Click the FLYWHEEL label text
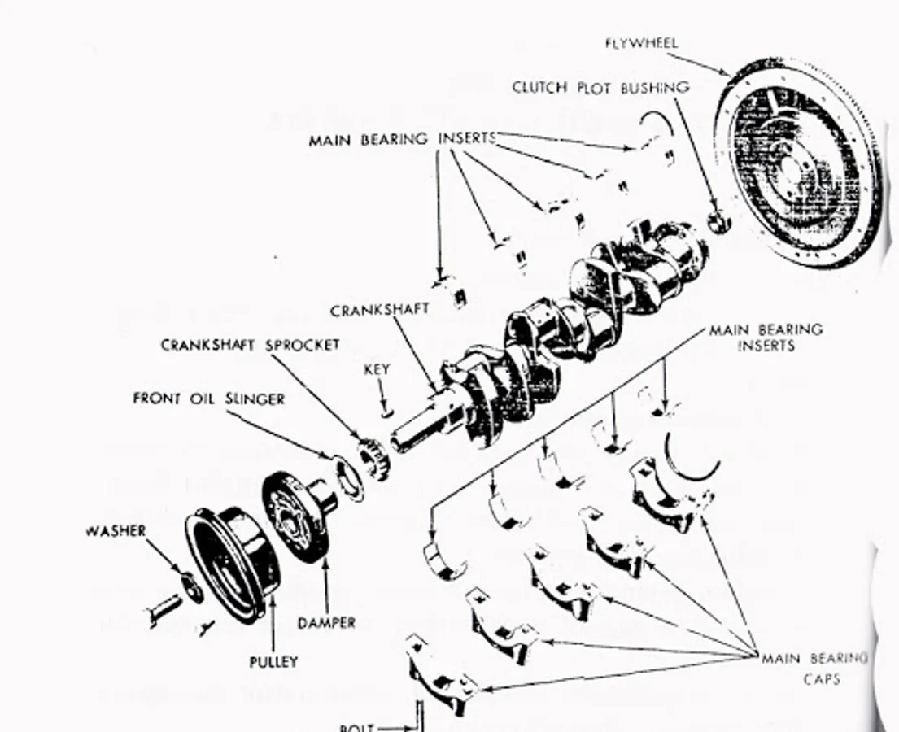641,43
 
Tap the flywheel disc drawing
797,163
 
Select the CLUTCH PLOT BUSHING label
600,88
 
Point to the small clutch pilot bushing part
718,220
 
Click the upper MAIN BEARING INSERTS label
401,140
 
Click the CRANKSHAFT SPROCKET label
250,345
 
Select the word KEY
377,369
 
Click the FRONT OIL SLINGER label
209,399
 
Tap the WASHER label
116,531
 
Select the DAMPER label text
326,623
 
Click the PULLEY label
273,662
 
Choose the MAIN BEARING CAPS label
814,667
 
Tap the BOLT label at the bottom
357,726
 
